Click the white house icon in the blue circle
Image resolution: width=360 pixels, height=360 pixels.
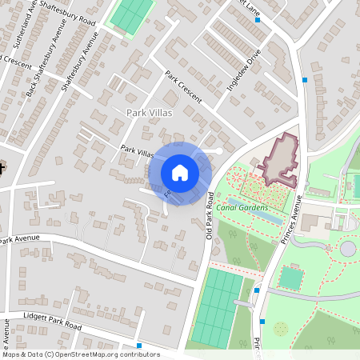coord(180,173)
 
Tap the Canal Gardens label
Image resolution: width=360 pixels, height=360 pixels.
coord(241,209)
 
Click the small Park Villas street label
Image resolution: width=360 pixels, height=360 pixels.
coord(137,150)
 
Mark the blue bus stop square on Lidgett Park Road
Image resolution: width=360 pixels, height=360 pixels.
coord(139,346)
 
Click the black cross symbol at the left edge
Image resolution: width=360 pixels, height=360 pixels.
coord(2,169)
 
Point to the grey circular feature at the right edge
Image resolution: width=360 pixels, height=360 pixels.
coord(348,249)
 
